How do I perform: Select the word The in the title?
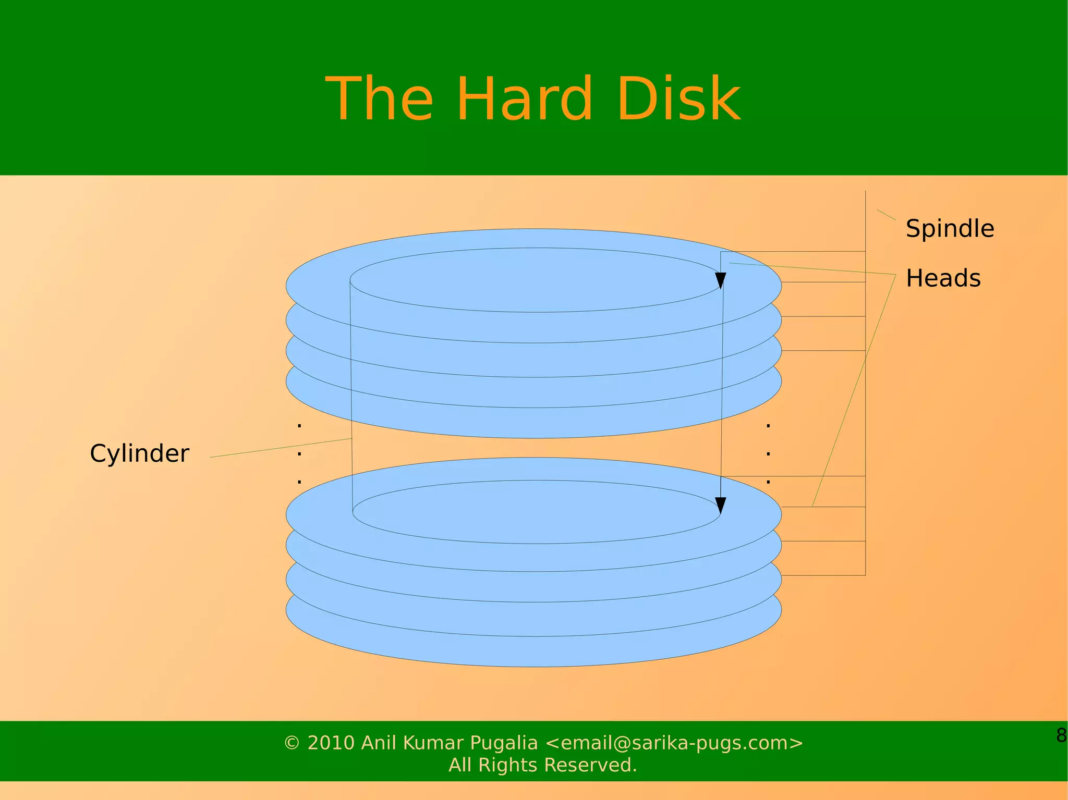click(379, 99)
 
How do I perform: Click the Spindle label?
click(950, 229)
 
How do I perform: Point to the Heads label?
click(943, 278)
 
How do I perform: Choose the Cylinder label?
click(139, 453)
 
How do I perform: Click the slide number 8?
click(1061, 735)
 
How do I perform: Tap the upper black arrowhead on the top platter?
click(721, 280)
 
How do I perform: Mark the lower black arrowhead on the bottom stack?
click(721, 505)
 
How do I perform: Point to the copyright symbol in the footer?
click(292, 743)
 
